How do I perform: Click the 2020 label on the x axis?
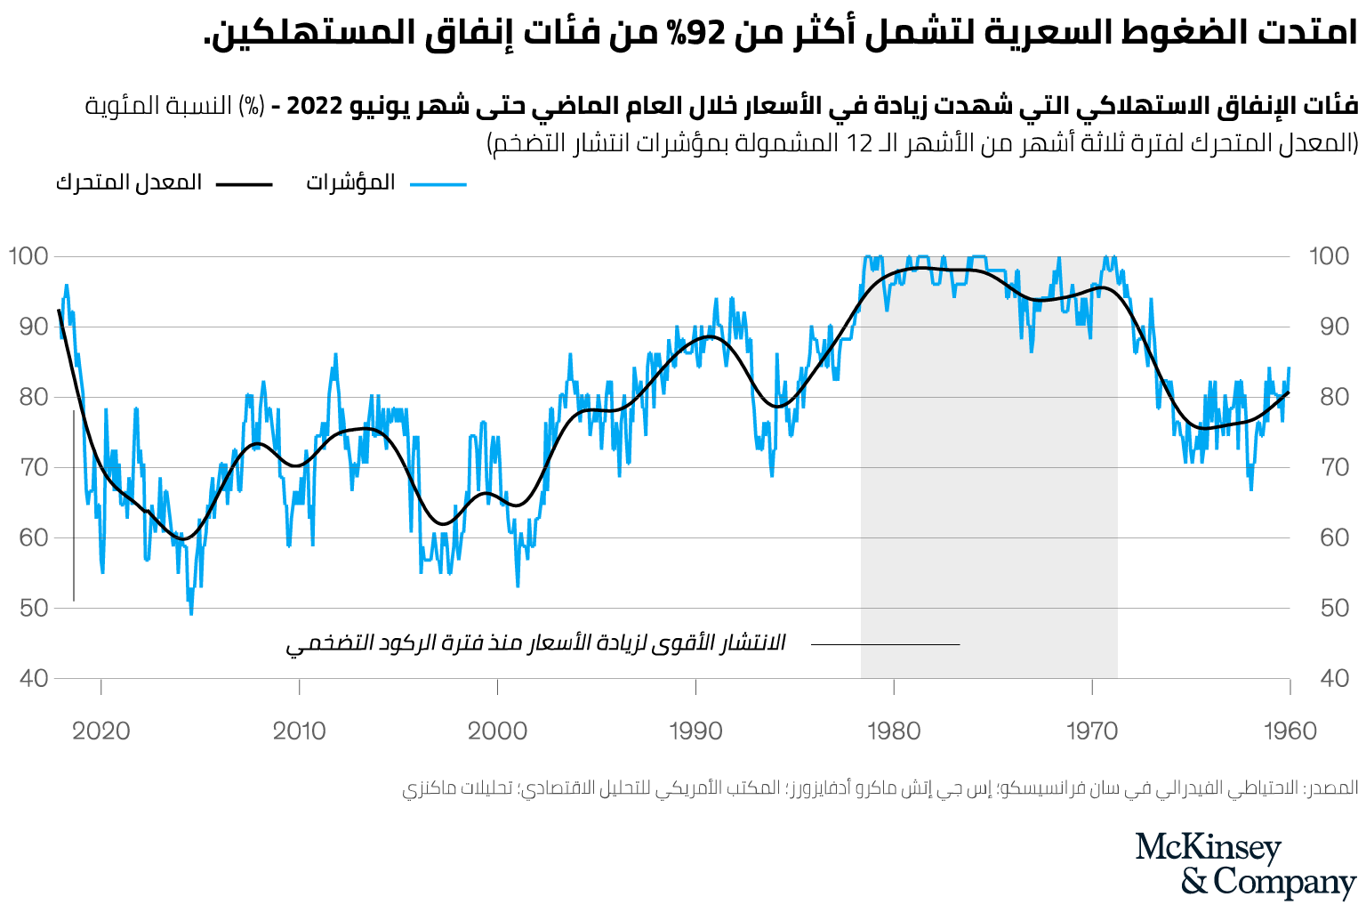click(x=100, y=731)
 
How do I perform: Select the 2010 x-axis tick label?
click(x=299, y=731)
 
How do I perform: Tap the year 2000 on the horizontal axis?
click(x=497, y=731)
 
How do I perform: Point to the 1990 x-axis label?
click(x=695, y=731)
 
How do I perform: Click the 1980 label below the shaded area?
click(x=894, y=731)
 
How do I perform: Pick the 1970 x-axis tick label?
click(x=1091, y=731)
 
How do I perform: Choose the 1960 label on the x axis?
click(x=1290, y=731)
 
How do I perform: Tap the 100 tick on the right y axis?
click(x=1329, y=256)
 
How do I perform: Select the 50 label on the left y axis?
click(x=34, y=609)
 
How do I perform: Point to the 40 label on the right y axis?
click(x=1334, y=679)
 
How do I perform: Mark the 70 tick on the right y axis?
click(x=1334, y=467)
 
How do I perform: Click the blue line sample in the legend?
click(x=438, y=184)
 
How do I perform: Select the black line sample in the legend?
click(x=245, y=184)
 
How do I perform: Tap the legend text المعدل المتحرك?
click(x=129, y=183)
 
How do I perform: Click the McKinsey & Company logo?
click(x=1245, y=865)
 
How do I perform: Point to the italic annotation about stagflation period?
click(x=535, y=643)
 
